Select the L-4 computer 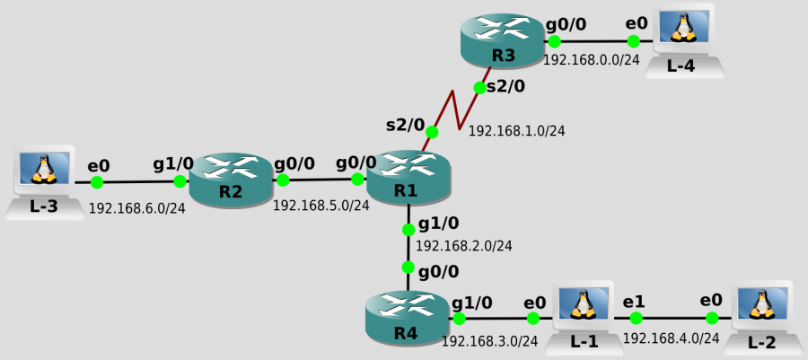click(x=685, y=39)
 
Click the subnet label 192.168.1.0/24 click(x=516, y=131)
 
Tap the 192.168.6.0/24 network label click(x=136, y=208)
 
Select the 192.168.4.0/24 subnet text click(x=671, y=338)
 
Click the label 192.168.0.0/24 click(x=591, y=60)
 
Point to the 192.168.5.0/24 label click(x=321, y=206)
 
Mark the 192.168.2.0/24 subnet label click(x=464, y=245)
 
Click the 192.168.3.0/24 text click(x=489, y=341)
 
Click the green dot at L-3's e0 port click(x=97, y=182)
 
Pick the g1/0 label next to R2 click(x=173, y=164)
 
